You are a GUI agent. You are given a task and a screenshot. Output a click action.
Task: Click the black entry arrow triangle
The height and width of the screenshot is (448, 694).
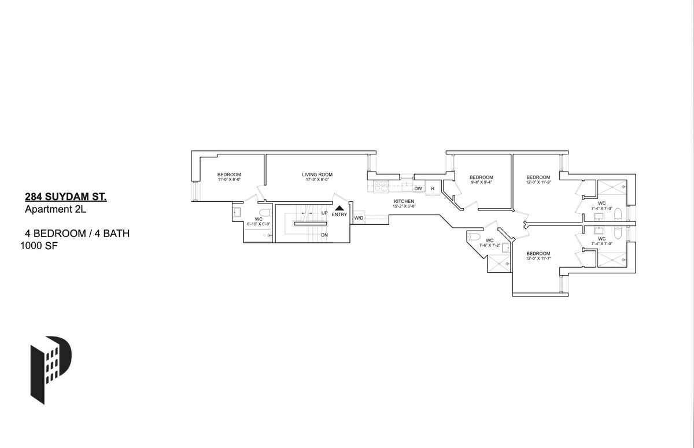pos(339,208)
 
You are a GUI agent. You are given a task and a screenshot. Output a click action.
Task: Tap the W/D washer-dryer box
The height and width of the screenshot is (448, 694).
pos(359,218)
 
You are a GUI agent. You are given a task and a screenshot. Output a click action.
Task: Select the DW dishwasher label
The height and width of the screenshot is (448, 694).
pos(418,188)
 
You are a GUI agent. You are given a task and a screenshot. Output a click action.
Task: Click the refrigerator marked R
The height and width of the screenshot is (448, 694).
pos(433,188)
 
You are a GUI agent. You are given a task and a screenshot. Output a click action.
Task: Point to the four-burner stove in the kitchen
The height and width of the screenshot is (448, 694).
pos(382,186)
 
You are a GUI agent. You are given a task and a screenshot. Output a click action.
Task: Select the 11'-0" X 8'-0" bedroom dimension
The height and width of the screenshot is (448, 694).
pos(229,180)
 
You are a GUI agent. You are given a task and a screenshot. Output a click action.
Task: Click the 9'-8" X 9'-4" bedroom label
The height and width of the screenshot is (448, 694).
pos(481,182)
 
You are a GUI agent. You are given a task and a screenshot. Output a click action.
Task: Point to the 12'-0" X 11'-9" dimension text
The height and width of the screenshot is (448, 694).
pos(538,182)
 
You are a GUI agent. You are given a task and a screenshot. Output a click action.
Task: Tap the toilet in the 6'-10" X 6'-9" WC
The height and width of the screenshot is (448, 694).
pos(265,212)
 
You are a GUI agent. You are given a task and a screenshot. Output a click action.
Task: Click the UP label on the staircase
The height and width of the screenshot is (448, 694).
pos(324,213)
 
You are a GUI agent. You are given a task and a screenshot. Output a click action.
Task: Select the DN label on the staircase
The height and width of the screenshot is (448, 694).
pos(324,235)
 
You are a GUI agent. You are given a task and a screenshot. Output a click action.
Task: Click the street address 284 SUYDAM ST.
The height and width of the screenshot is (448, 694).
pos(66,197)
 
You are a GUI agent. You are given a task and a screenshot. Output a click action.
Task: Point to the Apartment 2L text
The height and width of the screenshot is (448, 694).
pos(56,210)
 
